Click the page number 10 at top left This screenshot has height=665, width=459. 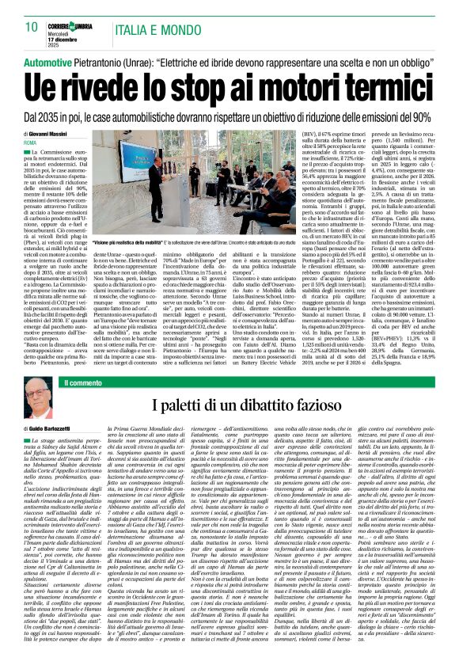pos(31,27)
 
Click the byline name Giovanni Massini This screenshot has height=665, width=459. pos(55,134)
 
